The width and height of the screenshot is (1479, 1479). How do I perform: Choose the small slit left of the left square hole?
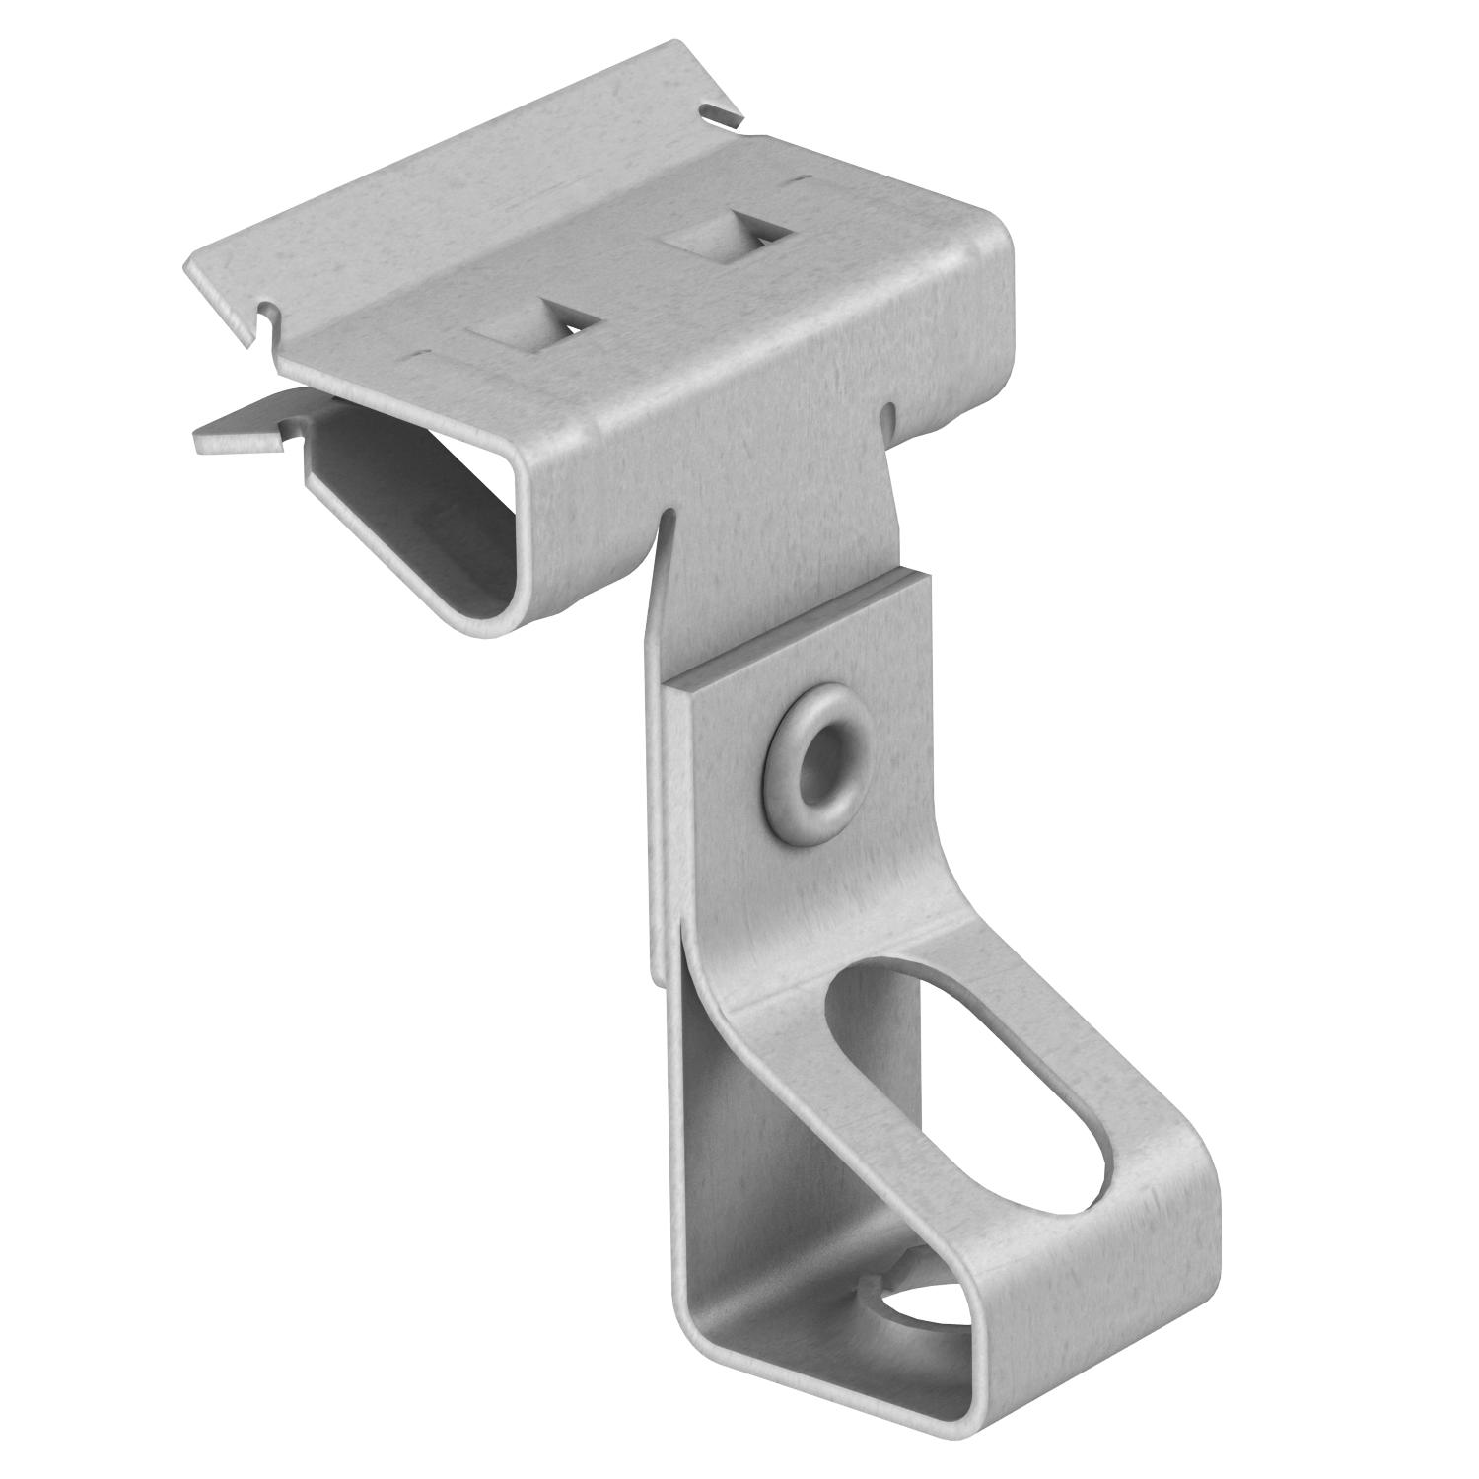(422, 352)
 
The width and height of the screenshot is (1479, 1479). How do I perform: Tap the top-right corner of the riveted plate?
(925, 580)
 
